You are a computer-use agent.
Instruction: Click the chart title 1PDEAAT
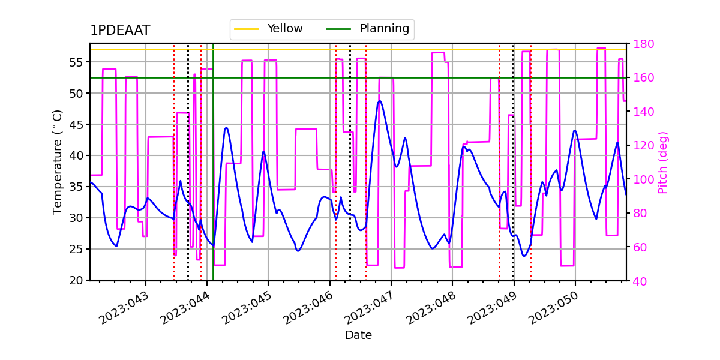click(120, 31)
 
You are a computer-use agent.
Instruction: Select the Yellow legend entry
click(285, 29)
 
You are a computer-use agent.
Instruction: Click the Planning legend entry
click(384, 29)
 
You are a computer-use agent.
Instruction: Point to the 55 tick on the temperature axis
click(77, 62)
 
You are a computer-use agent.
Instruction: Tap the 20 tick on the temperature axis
click(77, 280)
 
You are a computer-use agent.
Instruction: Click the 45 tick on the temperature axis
click(77, 125)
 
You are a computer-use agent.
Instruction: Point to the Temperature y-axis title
click(58, 162)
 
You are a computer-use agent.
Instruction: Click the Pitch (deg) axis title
click(663, 162)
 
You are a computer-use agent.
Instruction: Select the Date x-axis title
click(358, 335)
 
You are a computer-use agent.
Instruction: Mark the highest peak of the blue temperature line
click(379, 101)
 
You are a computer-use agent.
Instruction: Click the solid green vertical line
click(213, 180)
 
